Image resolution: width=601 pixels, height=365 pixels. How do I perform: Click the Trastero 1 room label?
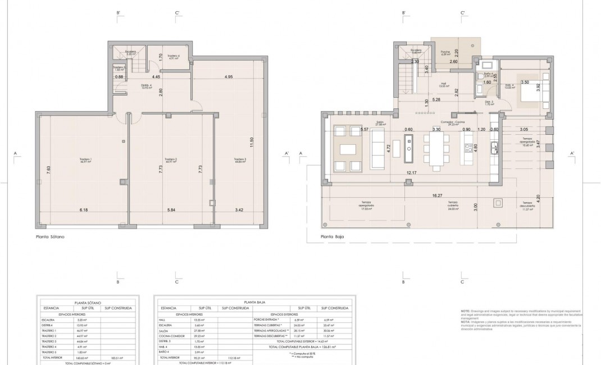(x=86, y=161)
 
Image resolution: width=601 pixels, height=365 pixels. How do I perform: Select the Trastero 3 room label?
(x=240, y=161)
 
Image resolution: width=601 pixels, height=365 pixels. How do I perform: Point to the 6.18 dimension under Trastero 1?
(x=84, y=210)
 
